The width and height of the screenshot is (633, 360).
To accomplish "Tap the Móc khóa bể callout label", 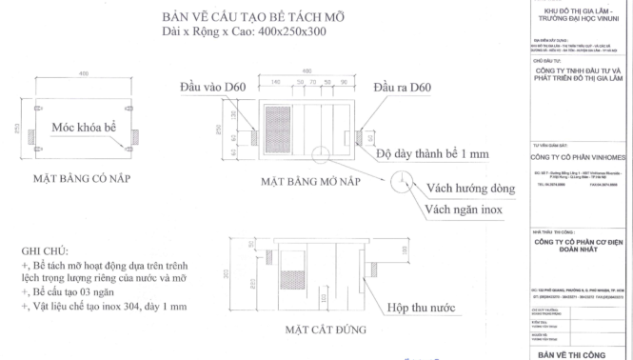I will (x=84, y=127).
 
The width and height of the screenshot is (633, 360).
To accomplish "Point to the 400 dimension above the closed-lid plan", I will (x=83, y=72).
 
